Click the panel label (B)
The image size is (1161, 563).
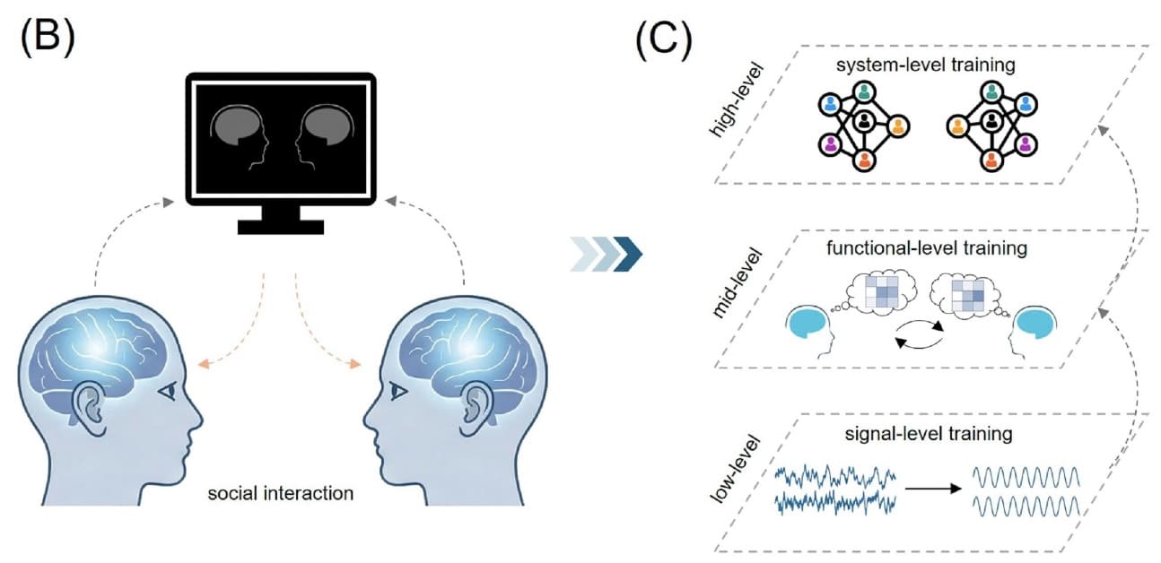coord(48,38)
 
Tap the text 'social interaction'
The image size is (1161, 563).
coord(281,493)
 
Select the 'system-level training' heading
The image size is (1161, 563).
coord(926,65)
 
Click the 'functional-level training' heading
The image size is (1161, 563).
coord(927,248)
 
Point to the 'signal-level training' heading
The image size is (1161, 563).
coord(929,433)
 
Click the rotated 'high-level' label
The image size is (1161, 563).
coord(736,100)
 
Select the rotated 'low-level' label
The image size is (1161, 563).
coord(735,469)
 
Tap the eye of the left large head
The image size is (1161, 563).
coord(169,391)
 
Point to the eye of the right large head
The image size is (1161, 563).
coord(398,391)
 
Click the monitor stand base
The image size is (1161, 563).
coord(281,227)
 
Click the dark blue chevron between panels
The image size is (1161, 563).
coord(628,254)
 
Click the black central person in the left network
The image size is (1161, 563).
coord(863,122)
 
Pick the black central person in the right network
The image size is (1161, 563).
coord(991,122)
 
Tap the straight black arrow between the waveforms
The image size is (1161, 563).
coord(933,489)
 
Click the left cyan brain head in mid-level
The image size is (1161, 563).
coord(809,332)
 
